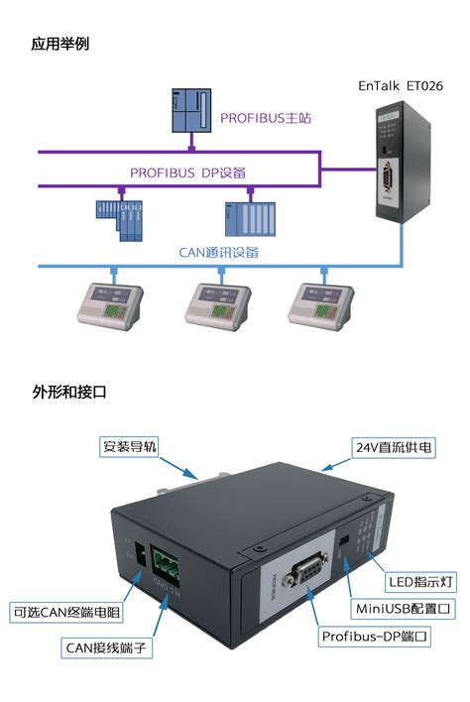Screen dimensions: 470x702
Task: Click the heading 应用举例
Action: coord(59,44)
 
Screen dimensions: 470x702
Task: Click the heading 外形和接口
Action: coord(69,392)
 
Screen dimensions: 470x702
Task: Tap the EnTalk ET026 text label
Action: coord(401,85)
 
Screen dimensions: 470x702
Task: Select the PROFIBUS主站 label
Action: coord(266,118)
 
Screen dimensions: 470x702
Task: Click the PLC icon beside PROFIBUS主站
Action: coord(191,110)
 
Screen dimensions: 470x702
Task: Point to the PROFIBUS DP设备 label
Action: coord(187,173)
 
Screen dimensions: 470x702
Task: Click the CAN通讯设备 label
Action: coord(218,253)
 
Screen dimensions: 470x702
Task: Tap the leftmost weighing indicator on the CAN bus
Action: coord(110,307)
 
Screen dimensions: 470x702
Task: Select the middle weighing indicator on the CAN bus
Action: coord(217,307)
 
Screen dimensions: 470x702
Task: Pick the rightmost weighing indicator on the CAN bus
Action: coord(320,307)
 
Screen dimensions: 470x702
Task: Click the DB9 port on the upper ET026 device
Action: coord(387,177)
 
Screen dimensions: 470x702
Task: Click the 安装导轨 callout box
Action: coord(129,446)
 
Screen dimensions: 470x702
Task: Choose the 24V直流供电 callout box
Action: coord(394,447)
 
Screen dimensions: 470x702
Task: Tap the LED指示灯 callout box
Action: coord(420,582)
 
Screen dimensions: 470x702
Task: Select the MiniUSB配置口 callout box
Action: coord(403,609)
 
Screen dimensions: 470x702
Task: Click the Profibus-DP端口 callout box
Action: coord(374,637)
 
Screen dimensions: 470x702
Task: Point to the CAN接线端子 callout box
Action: coord(106,647)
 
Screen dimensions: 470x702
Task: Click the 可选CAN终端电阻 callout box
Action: coord(66,612)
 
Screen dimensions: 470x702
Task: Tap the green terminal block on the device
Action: coord(165,561)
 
